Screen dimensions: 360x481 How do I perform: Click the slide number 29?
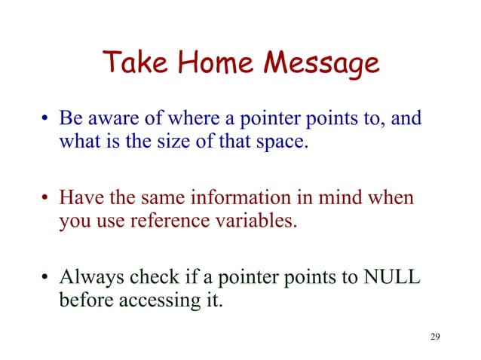(x=434, y=336)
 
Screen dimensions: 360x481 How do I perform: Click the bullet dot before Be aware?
(x=46, y=121)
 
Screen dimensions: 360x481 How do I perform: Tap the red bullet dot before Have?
(x=46, y=200)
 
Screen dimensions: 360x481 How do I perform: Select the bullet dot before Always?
(x=46, y=280)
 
